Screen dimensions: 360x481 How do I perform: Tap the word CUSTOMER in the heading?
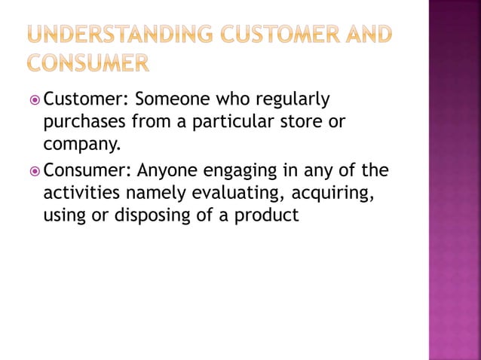click(273, 34)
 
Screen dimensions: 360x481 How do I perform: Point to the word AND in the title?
click(365, 34)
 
